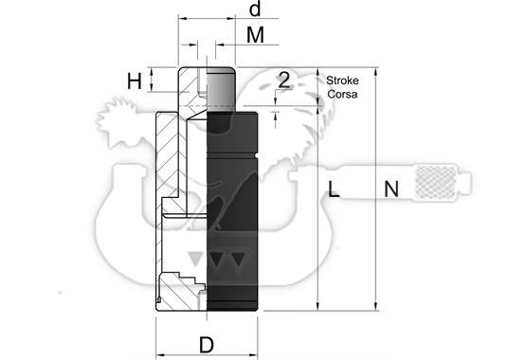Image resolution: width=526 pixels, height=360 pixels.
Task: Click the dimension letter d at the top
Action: click(x=255, y=9)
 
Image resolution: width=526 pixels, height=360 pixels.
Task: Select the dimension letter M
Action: click(x=255, y=35)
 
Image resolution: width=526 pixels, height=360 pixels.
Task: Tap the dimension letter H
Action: click(x=135, y=81)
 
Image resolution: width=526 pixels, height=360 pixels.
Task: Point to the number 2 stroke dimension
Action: click(x=284, y=81)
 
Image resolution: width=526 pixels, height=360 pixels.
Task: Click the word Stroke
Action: click(x=342, y=81)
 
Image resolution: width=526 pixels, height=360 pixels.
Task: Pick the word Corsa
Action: click(x=342, y=94)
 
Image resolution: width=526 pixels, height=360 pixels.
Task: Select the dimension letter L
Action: click(x=334, y=189)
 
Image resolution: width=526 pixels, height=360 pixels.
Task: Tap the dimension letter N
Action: click(x=391, y=189)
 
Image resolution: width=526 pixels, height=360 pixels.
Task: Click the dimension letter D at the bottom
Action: click(x=207, y=345)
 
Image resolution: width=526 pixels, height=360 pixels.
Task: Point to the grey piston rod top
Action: click(x=221, y=89)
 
